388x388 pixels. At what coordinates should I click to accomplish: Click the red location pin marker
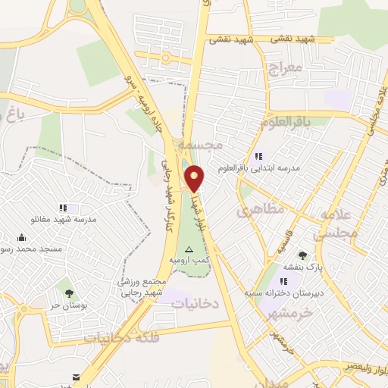[x=196, y=178]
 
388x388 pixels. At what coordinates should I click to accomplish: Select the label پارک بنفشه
[x=302, y=267]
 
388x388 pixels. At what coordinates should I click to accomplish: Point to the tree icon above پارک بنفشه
[x=302, y=255]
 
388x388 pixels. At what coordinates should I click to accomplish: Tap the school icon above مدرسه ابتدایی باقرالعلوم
[x=260, y=156]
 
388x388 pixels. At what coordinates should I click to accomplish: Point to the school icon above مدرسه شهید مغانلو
[x=64, y=208]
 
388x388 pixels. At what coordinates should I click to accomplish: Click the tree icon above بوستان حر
[x=70, y=293]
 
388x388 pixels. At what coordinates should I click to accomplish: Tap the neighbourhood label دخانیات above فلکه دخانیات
[x=195, y=302]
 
